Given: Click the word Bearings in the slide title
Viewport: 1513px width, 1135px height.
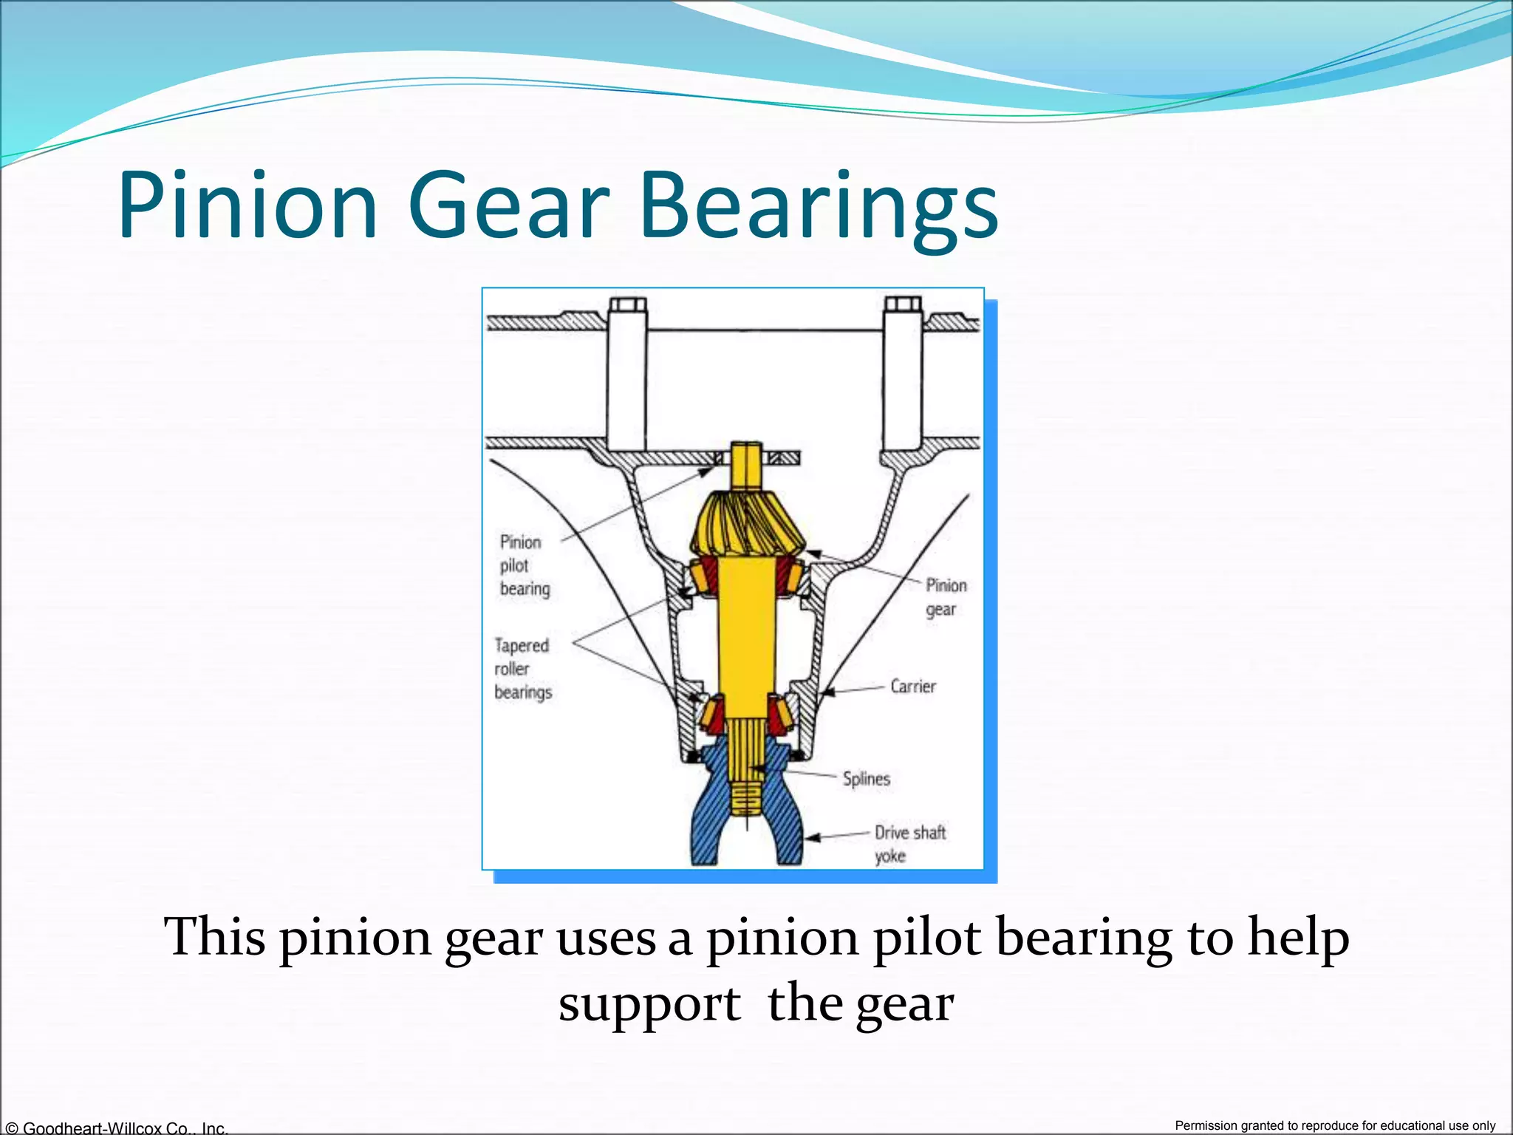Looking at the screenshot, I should (819, 207).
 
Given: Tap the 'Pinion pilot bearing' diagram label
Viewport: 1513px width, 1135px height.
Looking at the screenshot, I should (524, 565).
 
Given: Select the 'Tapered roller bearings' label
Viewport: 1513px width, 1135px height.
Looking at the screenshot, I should (522, 669).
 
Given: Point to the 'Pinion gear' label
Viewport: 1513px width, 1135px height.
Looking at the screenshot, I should (945, 597).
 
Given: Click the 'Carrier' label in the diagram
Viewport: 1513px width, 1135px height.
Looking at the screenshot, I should (912, 686).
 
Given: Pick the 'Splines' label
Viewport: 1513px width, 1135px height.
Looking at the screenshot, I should (866, 779).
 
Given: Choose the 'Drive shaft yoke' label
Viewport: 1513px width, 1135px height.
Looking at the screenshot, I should (909, 844).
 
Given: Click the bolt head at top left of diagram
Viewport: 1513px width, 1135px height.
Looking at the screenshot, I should (627, 305).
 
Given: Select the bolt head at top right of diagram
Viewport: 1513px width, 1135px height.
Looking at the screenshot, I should (903, 304).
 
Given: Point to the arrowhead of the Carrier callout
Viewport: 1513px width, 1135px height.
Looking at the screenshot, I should (826, 692).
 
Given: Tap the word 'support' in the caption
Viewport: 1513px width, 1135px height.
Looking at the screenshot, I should (649, 1005).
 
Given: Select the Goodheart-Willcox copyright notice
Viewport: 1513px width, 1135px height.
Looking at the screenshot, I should (115, 1128).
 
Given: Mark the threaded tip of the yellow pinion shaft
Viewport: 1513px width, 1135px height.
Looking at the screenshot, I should (746, 798).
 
